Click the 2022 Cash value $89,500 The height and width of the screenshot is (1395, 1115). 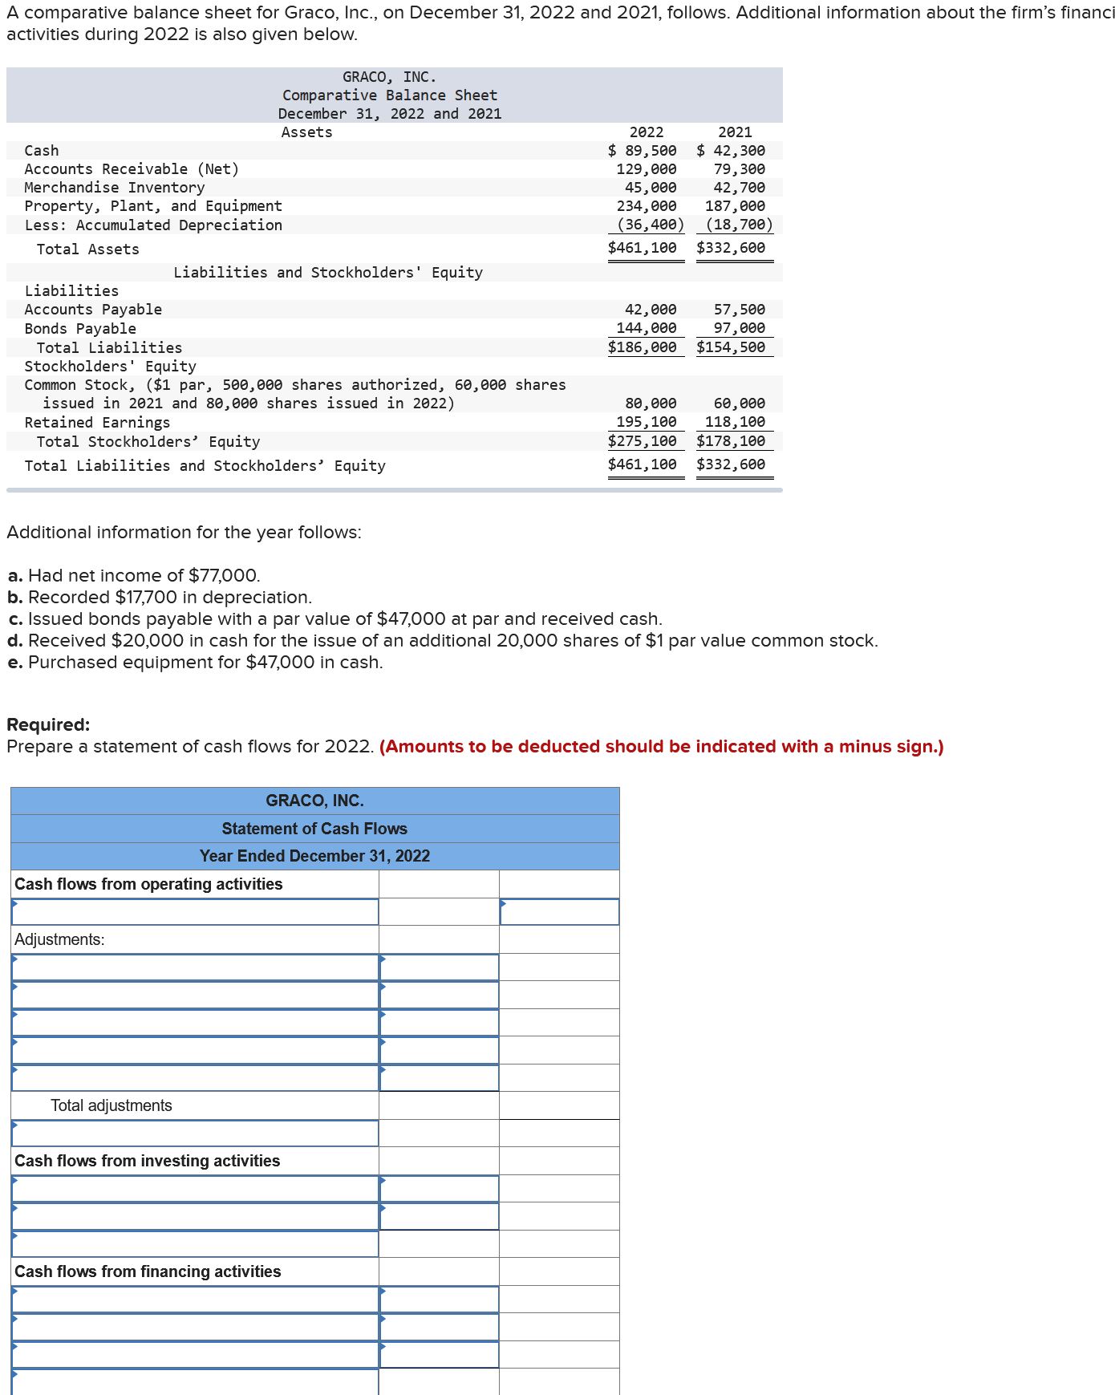643,151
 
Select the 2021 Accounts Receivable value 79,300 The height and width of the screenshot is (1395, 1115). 739,169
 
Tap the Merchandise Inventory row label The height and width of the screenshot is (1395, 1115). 115,188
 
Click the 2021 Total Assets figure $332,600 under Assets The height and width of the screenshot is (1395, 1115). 731,248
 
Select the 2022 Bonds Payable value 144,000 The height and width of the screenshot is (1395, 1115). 646,328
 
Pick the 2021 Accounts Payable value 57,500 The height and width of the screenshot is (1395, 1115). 739,310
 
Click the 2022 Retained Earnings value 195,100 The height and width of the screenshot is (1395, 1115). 646,422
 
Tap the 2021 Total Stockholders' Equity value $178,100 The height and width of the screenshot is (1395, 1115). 731,441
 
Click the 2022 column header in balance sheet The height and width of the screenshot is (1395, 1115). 646,132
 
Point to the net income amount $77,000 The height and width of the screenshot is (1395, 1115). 223,576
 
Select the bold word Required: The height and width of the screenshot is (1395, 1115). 48,724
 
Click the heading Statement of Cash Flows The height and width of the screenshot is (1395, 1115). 314,829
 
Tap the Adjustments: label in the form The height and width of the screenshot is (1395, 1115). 59,939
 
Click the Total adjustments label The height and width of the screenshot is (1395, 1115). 111,1105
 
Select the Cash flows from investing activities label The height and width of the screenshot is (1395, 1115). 148,1161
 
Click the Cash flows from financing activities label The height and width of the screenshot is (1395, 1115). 148,1271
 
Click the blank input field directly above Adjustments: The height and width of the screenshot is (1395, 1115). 195,912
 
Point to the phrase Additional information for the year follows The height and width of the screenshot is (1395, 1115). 184,533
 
